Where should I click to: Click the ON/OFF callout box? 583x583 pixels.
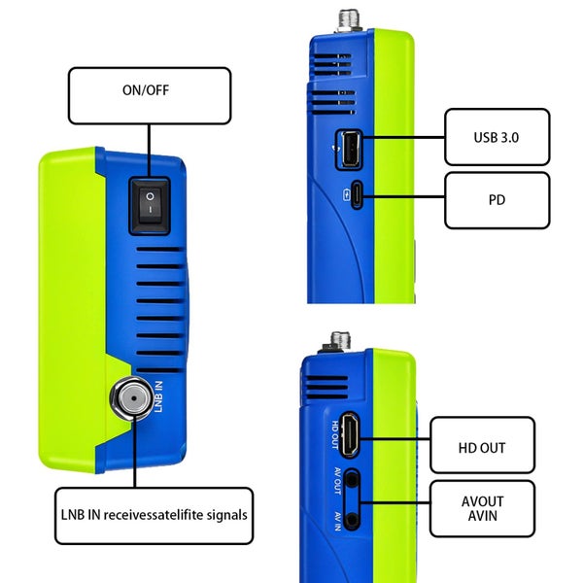[x=149, y=94]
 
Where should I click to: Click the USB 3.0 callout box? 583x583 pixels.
[x=497, y=137]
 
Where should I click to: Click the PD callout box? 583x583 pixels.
[x=497, y=200]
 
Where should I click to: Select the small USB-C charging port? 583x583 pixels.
[x=358, y=195]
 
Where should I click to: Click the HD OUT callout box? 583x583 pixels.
[x=482, y=446]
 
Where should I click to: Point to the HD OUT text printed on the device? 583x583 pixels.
[x=333, y=435]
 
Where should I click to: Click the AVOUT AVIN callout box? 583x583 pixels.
[x=482, y=508]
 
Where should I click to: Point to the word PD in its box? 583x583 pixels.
[x=497, y=200]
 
